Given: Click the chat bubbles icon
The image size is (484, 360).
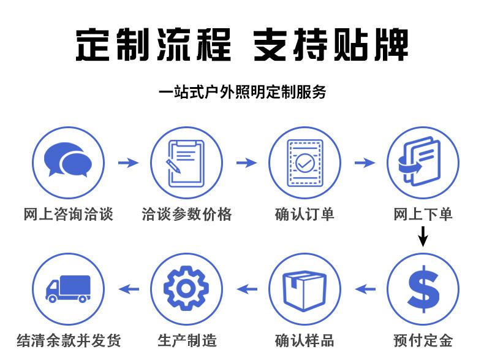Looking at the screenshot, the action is pyautogui.click(x=68, y=159).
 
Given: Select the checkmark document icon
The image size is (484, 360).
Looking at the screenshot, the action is pyautogui.click(x=305, y=163).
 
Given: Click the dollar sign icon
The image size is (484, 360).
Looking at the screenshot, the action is pyautogui.click(x=423, y=289).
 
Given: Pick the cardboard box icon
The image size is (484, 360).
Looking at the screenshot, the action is pyautogui.click(x=304, y=290).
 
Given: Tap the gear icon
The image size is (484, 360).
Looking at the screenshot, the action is pyautogui.click(x=186, y=288).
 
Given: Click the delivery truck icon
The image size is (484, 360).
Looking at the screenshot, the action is pyautogui.click(x=68, y=289).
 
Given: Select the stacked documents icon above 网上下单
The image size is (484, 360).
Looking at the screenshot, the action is pyautogui.click(x=420, y=161).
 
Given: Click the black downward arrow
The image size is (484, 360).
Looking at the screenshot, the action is pyautogui.click(x=423, y=236).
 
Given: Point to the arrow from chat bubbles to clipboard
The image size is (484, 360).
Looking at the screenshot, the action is pyautogui.click(x=128, y=163).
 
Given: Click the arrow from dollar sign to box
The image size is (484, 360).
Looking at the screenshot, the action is pyautogui.click(x=365, y=289).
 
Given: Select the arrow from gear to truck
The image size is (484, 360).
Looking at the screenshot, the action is pyautogui.click(x=129, y=289).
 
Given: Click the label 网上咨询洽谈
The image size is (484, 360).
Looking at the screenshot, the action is pyautogui.click(x=69, y=214).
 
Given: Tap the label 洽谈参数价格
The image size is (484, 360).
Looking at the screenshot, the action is pyautogui.click(x=187, y=214).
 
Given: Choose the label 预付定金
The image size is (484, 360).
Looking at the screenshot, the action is pyautogui.click(x=423, y=340).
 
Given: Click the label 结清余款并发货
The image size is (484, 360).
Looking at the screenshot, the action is pyautogui.click(x=69, y=340).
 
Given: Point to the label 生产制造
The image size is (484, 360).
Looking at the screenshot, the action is pyautogui.click(x=187, y=340).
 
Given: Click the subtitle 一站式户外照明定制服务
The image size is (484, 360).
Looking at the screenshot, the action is pyautogui.click(x=243, y=92).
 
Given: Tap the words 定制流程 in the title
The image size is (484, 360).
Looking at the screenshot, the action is pyautogui.click(x=153, y=44).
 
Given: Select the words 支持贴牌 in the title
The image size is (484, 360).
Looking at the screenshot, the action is pyautogui.click(x=331, y=44).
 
